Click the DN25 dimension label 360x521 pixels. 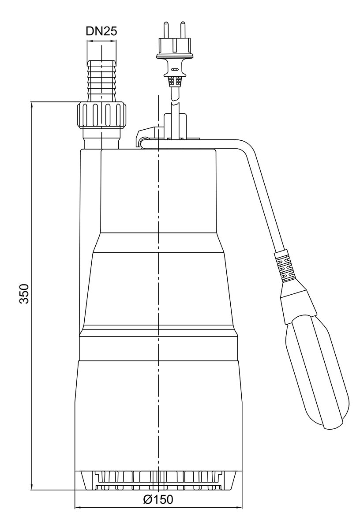(101, 31)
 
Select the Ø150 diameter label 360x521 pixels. (158, 500)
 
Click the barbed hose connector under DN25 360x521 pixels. (101, 79)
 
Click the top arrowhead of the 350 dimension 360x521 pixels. (32, 105)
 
